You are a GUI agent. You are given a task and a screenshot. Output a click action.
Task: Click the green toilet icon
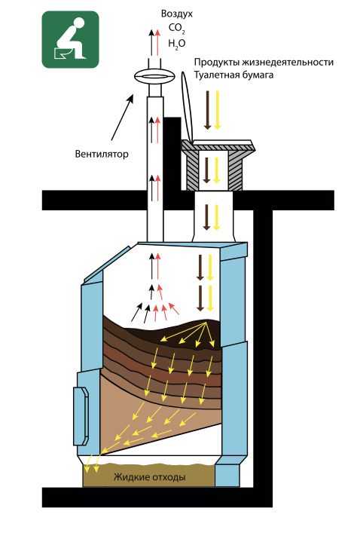[71, 39]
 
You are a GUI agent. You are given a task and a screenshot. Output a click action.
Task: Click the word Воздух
[177, 14]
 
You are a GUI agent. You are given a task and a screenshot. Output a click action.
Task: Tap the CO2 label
[177, 29]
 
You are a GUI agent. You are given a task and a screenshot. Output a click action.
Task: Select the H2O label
[177, 44]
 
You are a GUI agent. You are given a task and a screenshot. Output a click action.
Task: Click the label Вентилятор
[102, 154]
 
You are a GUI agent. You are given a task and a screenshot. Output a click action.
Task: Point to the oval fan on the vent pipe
[154, 76]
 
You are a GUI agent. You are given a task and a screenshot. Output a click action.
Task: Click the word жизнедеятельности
[288, 63]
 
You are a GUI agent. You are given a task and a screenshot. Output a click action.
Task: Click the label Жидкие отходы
[150, 477]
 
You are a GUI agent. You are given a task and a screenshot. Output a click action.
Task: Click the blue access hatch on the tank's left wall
[81, 416]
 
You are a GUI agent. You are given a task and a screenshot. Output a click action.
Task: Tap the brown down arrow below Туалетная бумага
[207, 110]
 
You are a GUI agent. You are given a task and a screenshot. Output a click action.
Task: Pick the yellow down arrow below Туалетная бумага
[217, 110]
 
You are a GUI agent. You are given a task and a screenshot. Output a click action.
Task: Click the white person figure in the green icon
[71, 38]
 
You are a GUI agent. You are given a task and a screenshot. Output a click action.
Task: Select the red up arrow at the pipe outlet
[158, 42]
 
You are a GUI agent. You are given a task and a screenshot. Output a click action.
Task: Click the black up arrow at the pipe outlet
[151, 42]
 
